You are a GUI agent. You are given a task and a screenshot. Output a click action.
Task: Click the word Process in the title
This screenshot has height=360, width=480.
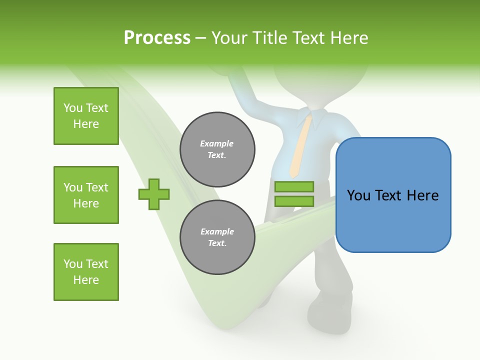pos(157,38)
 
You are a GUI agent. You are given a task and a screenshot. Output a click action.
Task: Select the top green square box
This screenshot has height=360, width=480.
pos(86,116)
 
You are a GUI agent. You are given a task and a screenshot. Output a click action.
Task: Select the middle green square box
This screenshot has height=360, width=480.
pos(86,195)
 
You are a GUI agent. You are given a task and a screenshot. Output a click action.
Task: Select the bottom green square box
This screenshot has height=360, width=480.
pos(86,272)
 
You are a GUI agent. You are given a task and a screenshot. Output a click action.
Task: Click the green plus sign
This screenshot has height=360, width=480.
pos(154,194)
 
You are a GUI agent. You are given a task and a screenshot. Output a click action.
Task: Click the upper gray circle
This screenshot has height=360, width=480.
pos(217,149)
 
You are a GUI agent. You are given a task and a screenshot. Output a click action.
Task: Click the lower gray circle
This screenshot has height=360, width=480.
pos(217,237)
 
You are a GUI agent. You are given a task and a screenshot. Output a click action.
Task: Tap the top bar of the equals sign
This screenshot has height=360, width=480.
pos(294,187)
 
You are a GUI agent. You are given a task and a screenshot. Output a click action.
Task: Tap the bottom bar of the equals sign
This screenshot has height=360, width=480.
pos(294,201)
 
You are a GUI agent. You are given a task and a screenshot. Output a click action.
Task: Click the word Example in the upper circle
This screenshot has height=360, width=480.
pos(217,143)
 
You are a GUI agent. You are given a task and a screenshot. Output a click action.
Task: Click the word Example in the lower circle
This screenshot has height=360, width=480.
pos(217,231)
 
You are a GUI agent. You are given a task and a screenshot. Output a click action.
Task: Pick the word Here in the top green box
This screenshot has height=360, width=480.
pos(86,124)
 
